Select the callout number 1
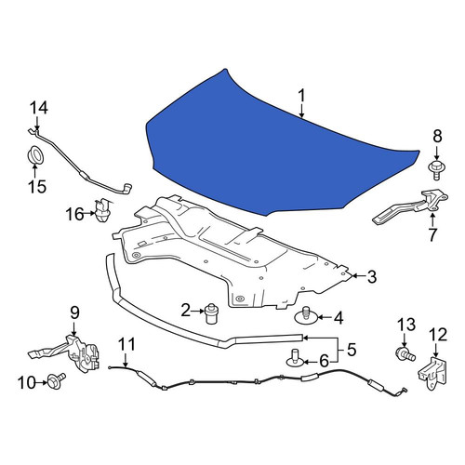301,96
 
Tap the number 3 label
371,276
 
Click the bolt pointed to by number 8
436,170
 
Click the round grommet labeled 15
34,156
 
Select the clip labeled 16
102,210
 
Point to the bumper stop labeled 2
211,313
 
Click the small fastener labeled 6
294,359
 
